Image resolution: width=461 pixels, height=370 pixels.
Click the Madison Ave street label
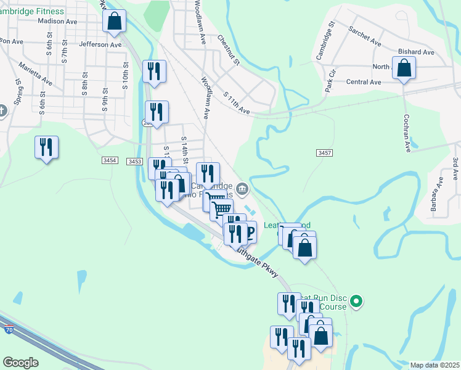(x=57, y=21)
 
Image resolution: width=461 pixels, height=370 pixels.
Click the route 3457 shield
(x=324, y=152)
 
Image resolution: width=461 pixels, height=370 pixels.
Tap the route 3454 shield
(x=110, y=160)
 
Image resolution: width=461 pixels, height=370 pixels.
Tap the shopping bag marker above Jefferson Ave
(x=115, y=20)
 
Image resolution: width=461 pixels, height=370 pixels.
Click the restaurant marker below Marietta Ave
(x=46, y=147)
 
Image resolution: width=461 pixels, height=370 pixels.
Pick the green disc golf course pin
(x=356, y=302)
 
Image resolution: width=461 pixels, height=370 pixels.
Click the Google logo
(x=20, y=363)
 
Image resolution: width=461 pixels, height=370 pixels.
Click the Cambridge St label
(x=325, y=41)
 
